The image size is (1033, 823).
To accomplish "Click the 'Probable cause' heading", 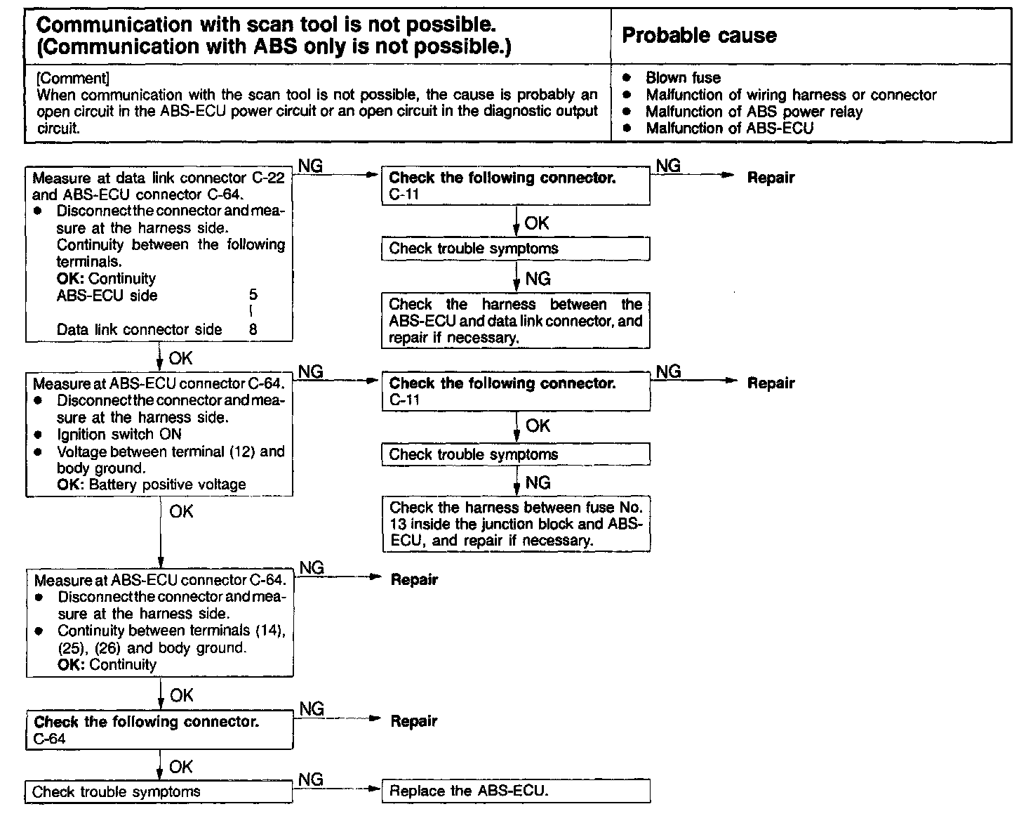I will click(699, 36).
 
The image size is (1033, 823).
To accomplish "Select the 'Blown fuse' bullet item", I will click(683, 78).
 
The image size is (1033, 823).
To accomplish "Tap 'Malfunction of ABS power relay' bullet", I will click(754, 112).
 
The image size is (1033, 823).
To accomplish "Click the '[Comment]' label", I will click(73, 78).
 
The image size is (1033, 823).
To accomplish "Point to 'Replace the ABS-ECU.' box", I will click(515, 791).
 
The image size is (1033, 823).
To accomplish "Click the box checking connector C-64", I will click(159, 730).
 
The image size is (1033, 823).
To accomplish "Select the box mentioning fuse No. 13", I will click(515, 524).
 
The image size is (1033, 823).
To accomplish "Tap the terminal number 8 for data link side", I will click(253, 329).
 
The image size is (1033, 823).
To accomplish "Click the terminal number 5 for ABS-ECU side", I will click(253, 296).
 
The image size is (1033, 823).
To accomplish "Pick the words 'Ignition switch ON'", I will click(119, 435).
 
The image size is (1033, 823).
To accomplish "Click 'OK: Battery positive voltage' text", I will click(152, 485).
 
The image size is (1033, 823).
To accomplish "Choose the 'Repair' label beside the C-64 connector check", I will click(414, 721).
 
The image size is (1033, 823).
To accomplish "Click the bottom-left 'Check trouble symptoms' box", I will click(159, 791).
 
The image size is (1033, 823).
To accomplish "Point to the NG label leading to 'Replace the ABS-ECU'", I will click(311, 779).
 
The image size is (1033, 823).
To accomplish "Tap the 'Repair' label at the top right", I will click(771, 178).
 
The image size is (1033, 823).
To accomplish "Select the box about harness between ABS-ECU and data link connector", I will click(515, 321).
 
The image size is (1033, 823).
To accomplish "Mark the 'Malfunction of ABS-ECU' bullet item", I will click(729, 129).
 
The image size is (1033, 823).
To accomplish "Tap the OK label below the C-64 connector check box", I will click(180, 767).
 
